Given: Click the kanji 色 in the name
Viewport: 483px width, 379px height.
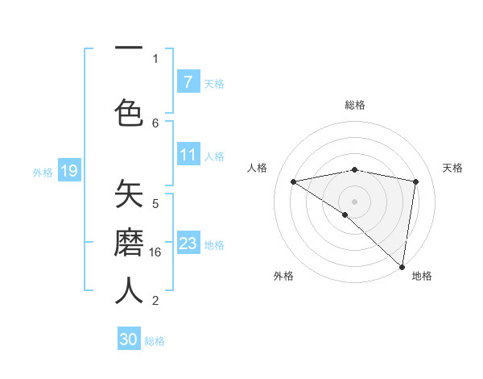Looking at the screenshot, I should click(x=129, y=111).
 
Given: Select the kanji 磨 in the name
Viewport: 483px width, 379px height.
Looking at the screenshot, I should click(x=129, y=242).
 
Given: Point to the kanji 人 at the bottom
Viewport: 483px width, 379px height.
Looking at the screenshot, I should click(x=129, y=290).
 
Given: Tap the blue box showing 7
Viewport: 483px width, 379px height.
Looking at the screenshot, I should click(x=188, y=82).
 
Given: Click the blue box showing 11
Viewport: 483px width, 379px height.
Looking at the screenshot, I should click(x=188, y=156).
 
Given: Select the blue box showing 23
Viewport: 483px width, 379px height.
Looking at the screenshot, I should click(x=188, y=244).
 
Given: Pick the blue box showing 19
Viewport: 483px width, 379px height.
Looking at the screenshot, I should click(x=68, y=171).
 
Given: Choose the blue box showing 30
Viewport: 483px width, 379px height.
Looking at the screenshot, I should click(x=129, y=339).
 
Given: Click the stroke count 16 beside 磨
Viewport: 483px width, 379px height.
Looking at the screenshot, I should click(x=157, y=252).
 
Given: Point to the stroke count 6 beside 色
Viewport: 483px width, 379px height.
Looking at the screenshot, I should click(x=155, y=123).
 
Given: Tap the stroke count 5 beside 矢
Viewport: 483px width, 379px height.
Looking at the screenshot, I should click(x=155, y=204).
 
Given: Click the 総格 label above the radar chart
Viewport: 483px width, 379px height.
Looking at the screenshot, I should click(x=354, y=105).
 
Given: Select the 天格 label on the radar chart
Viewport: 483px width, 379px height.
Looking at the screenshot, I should click(x=452, y=168).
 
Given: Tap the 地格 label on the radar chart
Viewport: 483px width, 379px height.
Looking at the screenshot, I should click(x=422, y=276).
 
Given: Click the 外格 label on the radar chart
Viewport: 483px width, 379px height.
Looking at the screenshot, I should click(x=283, y=276).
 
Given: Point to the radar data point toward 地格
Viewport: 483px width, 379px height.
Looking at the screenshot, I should click(x=402, y=266).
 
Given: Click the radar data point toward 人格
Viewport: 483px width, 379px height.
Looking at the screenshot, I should click(x=293, y=181).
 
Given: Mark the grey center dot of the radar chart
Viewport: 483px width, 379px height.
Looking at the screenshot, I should click(x=354, y=200).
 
